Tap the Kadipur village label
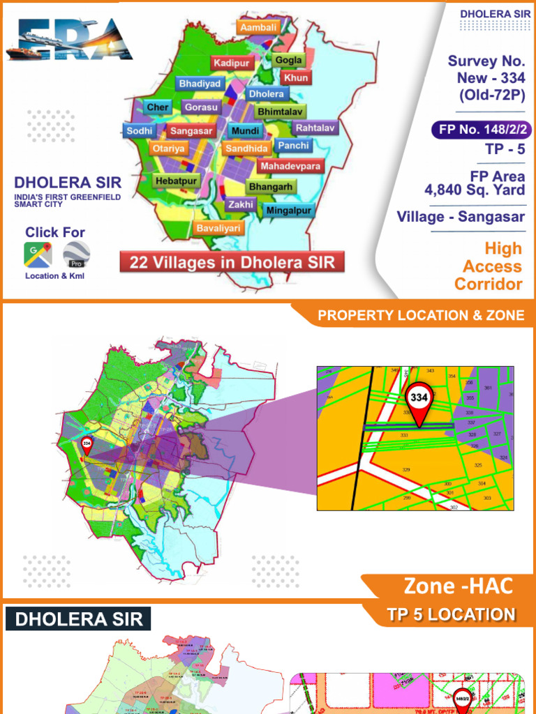[x=232, y=63]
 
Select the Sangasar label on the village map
[x=191, y=130]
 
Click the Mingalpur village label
[x=289, y=210]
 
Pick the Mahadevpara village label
[x=290, y=167]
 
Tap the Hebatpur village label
[x=177, y=181]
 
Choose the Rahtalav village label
[x=315, y=128]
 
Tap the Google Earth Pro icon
[x=76, y=255]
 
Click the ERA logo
[x=69, y=40]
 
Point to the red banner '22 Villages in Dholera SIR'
[x=232, y=263]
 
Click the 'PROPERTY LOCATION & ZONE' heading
[x=421, y=315]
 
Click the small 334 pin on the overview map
[x=87, y=444]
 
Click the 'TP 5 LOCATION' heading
[x=451, y=614]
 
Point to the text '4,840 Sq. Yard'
[x=475, y=190]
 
